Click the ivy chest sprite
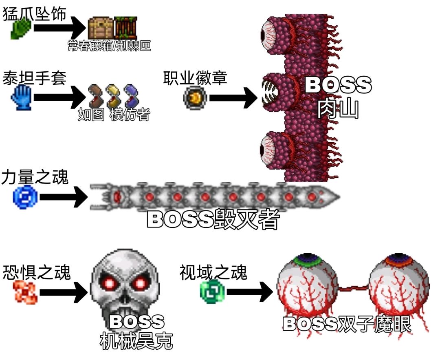100,28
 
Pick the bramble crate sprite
125,28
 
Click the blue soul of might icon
25,197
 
